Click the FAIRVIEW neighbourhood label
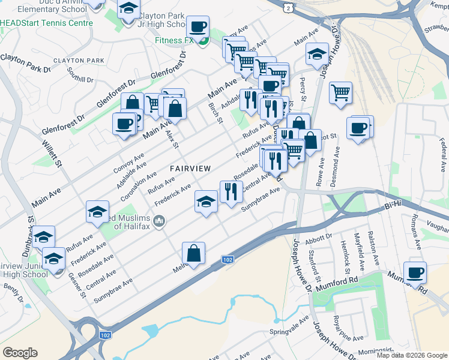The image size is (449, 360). [190, 169]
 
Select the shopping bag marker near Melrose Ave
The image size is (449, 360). [193, 254]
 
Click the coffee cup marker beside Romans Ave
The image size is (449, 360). [415, 273]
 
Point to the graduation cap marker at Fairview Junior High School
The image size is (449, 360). [53, 259]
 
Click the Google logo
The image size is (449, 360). [20, 353]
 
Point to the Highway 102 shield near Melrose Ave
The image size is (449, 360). [227, 259]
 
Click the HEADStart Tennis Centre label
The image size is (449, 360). [47, 23]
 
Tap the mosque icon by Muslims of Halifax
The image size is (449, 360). [159, 222]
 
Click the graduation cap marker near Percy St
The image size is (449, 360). [316, 55]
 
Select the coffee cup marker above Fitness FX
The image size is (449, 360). [197, 26]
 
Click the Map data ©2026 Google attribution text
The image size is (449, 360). [412, 355]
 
